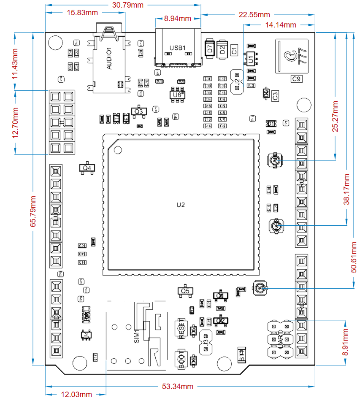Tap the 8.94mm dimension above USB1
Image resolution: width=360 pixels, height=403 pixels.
coord(177,19)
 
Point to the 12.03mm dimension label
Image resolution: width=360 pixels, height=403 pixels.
coord(76,395)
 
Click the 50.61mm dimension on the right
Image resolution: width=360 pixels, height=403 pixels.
coord(355,257)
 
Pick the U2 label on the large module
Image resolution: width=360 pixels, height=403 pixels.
coord(181,205)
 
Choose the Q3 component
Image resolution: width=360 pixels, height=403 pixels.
coord(138,111)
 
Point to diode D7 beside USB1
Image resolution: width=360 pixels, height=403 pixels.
coord(209,49)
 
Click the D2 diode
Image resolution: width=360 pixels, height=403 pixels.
coord(222,49)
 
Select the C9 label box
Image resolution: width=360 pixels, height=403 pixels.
coord(296,78)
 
